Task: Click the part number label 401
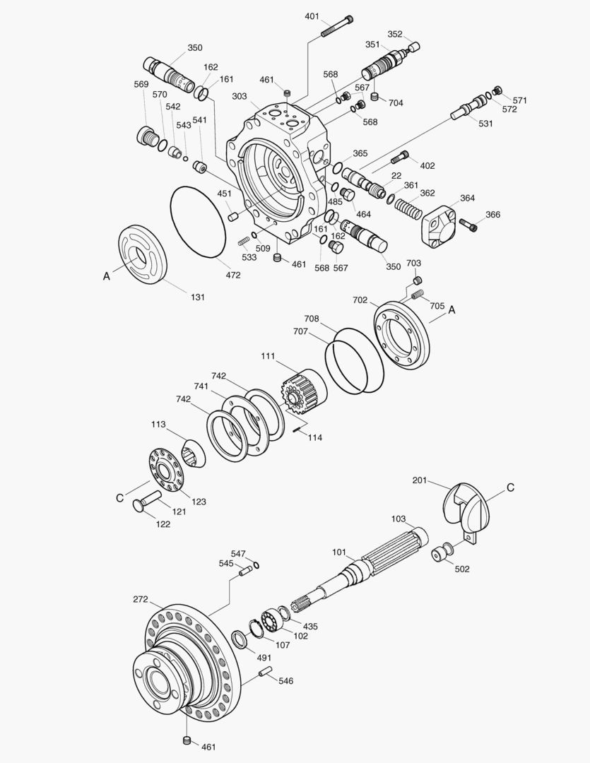coord(312,16)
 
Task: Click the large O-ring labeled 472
coord(198,220)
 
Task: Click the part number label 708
coord(312,319)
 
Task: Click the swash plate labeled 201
coord(466,505)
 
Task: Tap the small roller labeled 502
coord(444,552)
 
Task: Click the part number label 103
coord(399,519)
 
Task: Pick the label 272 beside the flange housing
coord(141,599)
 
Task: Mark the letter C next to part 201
coord(510,487)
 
